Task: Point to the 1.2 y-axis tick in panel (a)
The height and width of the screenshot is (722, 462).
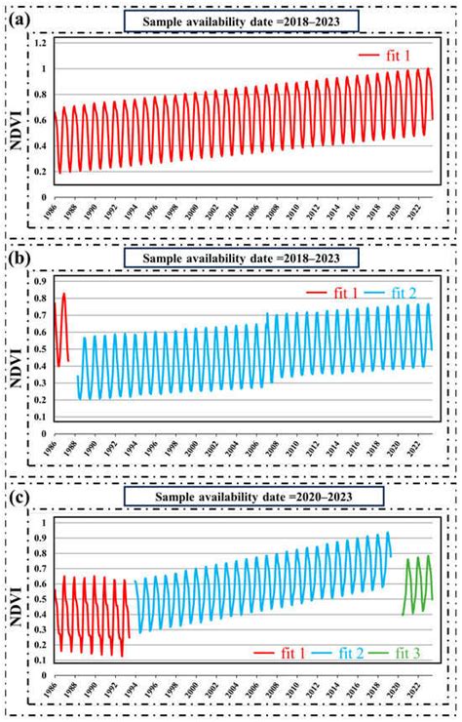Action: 40,45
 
